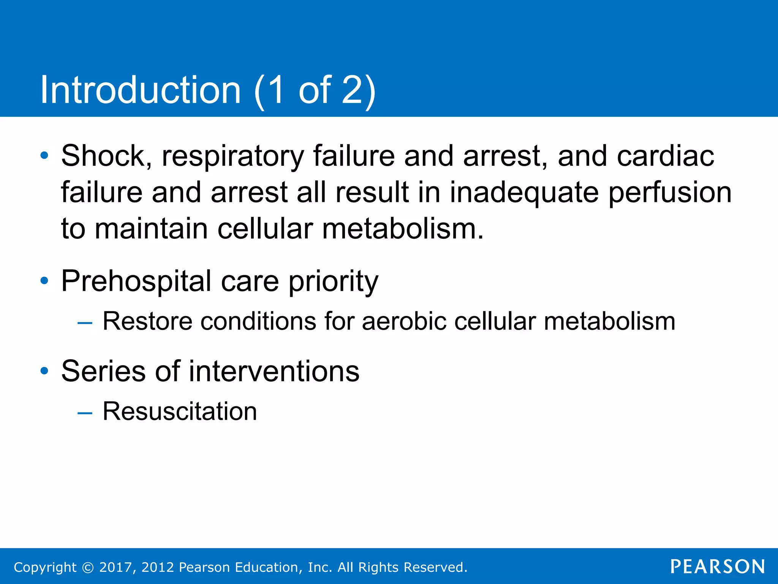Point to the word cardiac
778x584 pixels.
tap(665, 156)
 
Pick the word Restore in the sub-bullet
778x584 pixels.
tap(147, 322)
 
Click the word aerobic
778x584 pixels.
tap(404, 322)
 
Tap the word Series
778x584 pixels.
tap(103, 371)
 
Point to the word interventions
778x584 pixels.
tap(274, 371)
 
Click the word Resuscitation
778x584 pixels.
tap(180, 411)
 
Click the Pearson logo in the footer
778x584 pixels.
tap(718, 567)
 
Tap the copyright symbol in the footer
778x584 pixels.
tap(88, 568)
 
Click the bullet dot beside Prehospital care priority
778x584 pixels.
tap(44, 281)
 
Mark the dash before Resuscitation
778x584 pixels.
tap(85, 413)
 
